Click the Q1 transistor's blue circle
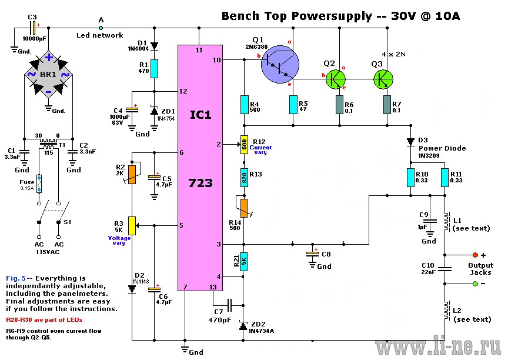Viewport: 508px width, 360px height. click(280, 65)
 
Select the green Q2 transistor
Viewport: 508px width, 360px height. click(336, 79)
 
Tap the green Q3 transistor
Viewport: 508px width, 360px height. click(383, 79)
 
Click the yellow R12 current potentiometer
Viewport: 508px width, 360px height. click(244, 145)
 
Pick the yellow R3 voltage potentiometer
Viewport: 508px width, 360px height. click(132, 225)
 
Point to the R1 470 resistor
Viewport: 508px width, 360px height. click(154, 69)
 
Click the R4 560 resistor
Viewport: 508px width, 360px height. click(244, 105)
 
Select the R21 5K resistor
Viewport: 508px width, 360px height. click(243, 262)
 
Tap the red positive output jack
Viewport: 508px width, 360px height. click(475, 255)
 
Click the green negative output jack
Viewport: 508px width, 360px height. click(475, 284)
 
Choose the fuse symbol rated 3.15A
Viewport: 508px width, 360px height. click(39, 184)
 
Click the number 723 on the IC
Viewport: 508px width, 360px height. click(200, 183)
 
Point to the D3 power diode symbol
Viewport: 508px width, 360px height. click(410, 142)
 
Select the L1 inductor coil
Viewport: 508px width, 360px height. click(447, 222)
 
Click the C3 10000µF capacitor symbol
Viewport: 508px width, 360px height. click(33, 28)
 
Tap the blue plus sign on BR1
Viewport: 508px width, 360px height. click(49, 58)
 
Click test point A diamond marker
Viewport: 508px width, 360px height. click(101, 28)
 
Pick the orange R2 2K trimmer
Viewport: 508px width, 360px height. click(132, 175)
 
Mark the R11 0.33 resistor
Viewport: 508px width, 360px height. click(445, 178)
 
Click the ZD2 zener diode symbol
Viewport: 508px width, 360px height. click(243, 326)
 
